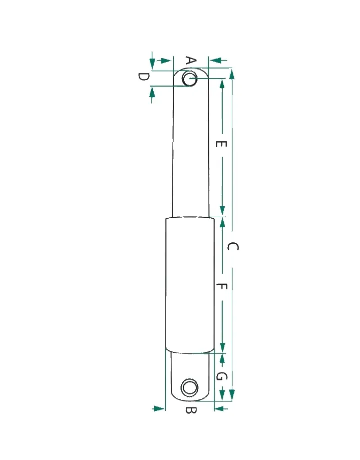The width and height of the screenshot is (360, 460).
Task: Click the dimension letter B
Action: [191, 410]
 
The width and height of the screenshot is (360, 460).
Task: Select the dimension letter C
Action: [233, 247]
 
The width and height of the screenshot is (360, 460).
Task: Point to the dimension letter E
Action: [221, 144]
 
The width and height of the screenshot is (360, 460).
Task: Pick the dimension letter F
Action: [222, 286]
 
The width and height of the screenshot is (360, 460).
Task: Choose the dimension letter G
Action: [221, 376]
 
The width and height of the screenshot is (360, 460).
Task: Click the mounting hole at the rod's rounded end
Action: [190, 78]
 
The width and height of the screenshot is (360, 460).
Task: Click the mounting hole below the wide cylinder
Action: [189, 387]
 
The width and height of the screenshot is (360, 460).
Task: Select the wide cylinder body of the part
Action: [190, 285]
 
